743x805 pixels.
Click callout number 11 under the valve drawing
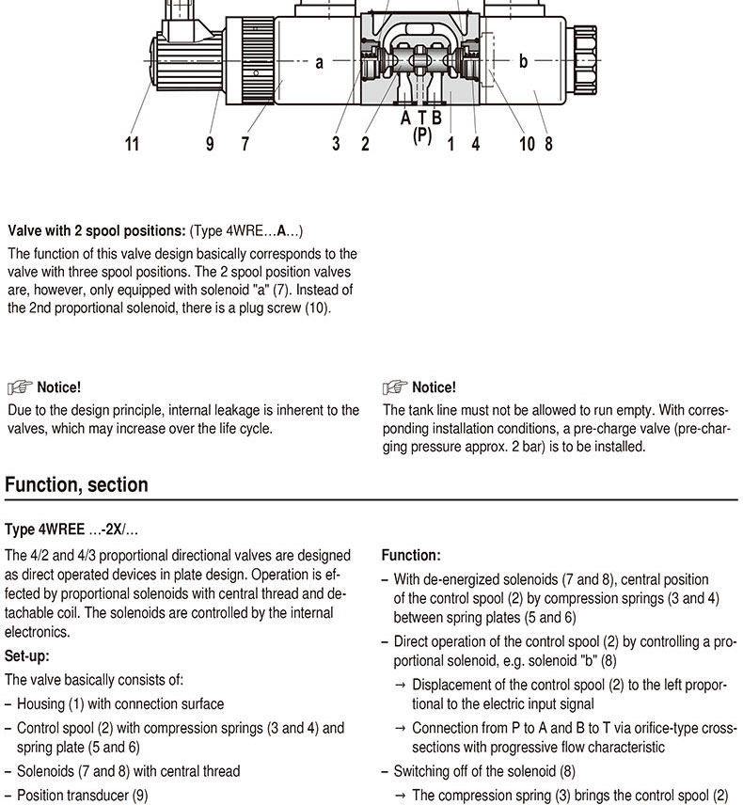point(132,144)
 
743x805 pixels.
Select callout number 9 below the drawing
point(210,144)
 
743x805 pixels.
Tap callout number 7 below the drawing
point(245,144)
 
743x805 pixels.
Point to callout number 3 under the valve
point(335,144)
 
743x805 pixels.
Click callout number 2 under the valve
point(365,144)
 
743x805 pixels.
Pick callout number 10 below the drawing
point(527,144)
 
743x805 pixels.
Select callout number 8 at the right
point(548,144)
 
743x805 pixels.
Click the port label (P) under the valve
point(422,134)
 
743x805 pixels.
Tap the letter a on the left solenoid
point(320,63)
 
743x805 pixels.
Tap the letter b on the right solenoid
point(523,62)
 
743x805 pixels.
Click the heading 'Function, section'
point(76,485)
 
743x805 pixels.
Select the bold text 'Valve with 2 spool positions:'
point(97,230)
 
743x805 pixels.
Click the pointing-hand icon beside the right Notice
point(395,387)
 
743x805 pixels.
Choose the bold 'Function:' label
point(411,556)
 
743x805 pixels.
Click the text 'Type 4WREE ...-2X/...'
point(71,530)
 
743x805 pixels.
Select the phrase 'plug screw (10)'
point(286,308)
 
